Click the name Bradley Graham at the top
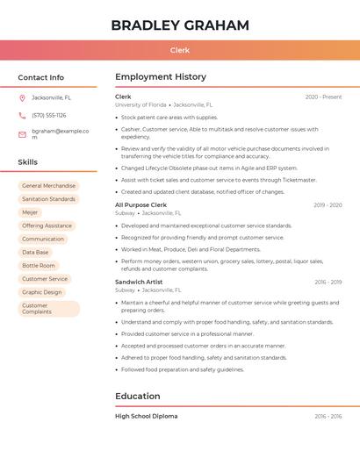(x=180, y=25)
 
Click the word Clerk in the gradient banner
(x=180, y=50)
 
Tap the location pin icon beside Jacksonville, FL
(x=22, y=97)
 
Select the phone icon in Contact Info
(x=22, y=115)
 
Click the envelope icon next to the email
(x=22, y=134)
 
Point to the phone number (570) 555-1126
(x=49, y=115)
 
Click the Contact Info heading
(x=41, y=77)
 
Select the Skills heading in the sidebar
(x=28, y=162)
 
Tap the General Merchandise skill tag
(x=48, y=186)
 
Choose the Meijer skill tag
(x=30, y=212)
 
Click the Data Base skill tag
(x=35, y=252)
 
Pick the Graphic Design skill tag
(x=42, y=292)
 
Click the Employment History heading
(x=161, y=77)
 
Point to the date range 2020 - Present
(x=323, y=97)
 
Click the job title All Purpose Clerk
(x=140, y=204)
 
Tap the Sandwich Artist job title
(x=139, y=282)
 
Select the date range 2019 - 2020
(x=328, y=204)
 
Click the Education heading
(x=138, y=396)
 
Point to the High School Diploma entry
(x=146, y=416)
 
